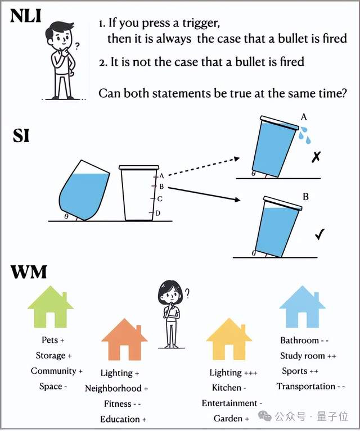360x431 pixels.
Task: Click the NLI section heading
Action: [x=26, y=16]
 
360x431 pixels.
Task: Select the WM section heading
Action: [x=29, y=272]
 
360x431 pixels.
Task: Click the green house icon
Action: [x=51, y=306]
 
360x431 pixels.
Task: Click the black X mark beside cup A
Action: [x=316, y=157]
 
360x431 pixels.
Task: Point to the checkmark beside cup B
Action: [x=320, y=234]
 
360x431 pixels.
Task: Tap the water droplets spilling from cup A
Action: [x=305, y=135]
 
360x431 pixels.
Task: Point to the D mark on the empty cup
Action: [x=157, y=213]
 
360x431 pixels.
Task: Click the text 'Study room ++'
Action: [x=308, y=356]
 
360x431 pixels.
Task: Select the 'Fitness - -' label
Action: [x=123, y=404]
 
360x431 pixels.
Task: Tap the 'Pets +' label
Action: [x=53, y=340]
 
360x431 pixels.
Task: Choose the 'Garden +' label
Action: [x=231, y=419]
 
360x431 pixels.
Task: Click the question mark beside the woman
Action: [x=187, y=293]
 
